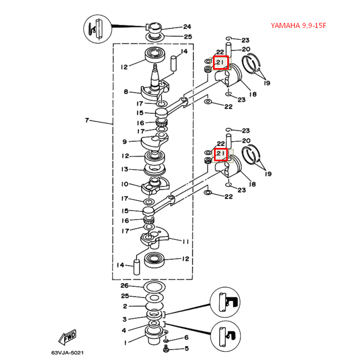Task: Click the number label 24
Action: pyautogui.click(x=187, y=27)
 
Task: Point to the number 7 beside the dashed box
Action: pyautogui.click(x=87, y=121)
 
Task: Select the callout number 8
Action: pyautogui.click(x=125, y=92)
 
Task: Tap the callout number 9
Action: pyautogui.click(x=125, y=142)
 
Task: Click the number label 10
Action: pyautogui.click(x=125, y=184)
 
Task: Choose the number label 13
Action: pyautogui.click(x=125, y=169)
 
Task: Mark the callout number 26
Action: pyautogui.click(x=125, y=286)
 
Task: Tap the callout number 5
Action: pyautogui.click(x=186, y=349)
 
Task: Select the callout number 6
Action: pyautogui.click(x=186, y=338)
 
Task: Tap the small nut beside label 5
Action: pyautogui.click(x=166, y=349)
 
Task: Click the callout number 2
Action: pyautogui.click(x=125, y=307)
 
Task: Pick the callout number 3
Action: pyautogui.click(x=125, y=319)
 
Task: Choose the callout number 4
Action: pyautogui.click(x=125, y=330)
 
